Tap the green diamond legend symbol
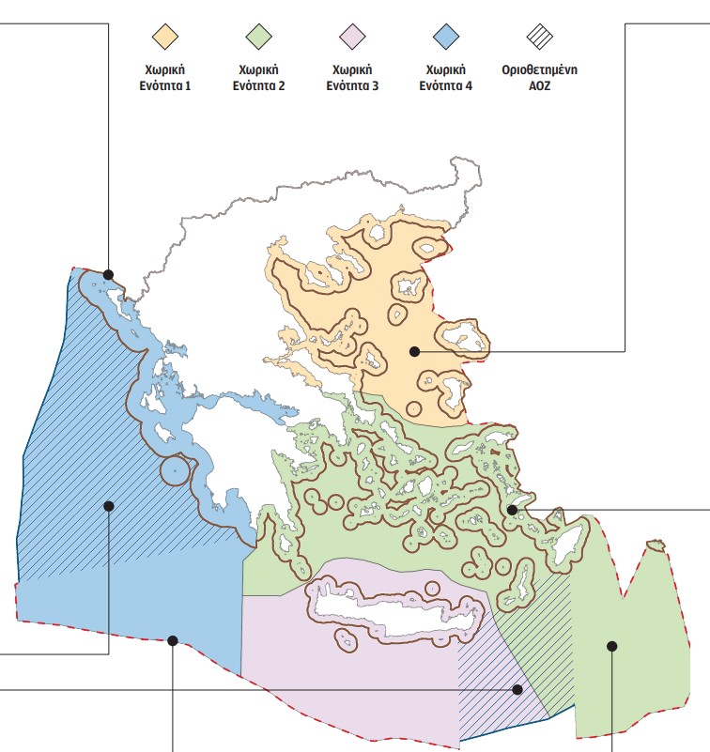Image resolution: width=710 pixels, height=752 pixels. (257, 37)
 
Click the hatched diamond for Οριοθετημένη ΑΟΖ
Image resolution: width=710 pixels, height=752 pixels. (539, 37)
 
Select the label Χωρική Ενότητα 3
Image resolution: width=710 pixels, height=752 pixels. (351, 77)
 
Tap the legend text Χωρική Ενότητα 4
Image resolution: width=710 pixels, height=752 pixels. (448, 77)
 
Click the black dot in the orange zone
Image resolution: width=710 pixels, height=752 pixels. (414, 351)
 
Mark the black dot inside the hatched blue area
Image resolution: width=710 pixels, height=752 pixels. (109, 506)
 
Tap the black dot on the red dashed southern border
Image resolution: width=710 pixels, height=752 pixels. (173, 641)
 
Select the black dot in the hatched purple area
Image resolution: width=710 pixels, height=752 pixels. (517, 689)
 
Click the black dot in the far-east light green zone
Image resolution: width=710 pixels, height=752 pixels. (611, 645)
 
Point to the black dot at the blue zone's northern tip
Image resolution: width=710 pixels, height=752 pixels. (109, 275)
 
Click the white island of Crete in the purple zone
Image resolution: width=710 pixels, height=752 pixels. (394, 608)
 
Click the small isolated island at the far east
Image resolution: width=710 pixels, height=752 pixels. (656, 545)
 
